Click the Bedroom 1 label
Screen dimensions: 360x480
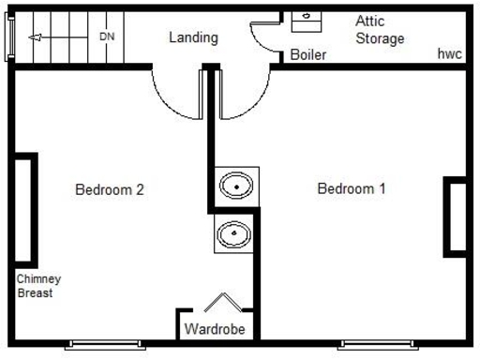pyautogui.click(x=352, y=188)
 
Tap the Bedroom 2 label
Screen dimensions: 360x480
pyautogui.click(x=109, y=189)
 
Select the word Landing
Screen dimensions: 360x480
pyautogui.click(x=193, y=38)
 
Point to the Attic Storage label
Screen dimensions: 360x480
pyautogui.click(x=380, y=30)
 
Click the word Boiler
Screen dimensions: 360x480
pyautogui.click(x=307, y=55)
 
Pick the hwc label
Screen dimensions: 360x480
pyautogui.click(x=449, y=54)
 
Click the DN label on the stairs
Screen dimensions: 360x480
pyautogui.click(x=107, y=37)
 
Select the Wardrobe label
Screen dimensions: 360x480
pyautogui.click(x=214, y=329)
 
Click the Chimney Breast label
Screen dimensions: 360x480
pyautogui.click(x=38, y=286)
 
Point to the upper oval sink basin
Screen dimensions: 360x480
pyautogui.click(x=237, y=186)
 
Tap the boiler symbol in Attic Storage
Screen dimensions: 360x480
pyautogui.click(x=307, y=19)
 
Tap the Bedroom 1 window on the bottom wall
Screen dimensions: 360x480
pyautogui.click(x=377, y=343)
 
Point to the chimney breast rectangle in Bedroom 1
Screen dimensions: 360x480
pyautogui.click(x=456, y=217)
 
